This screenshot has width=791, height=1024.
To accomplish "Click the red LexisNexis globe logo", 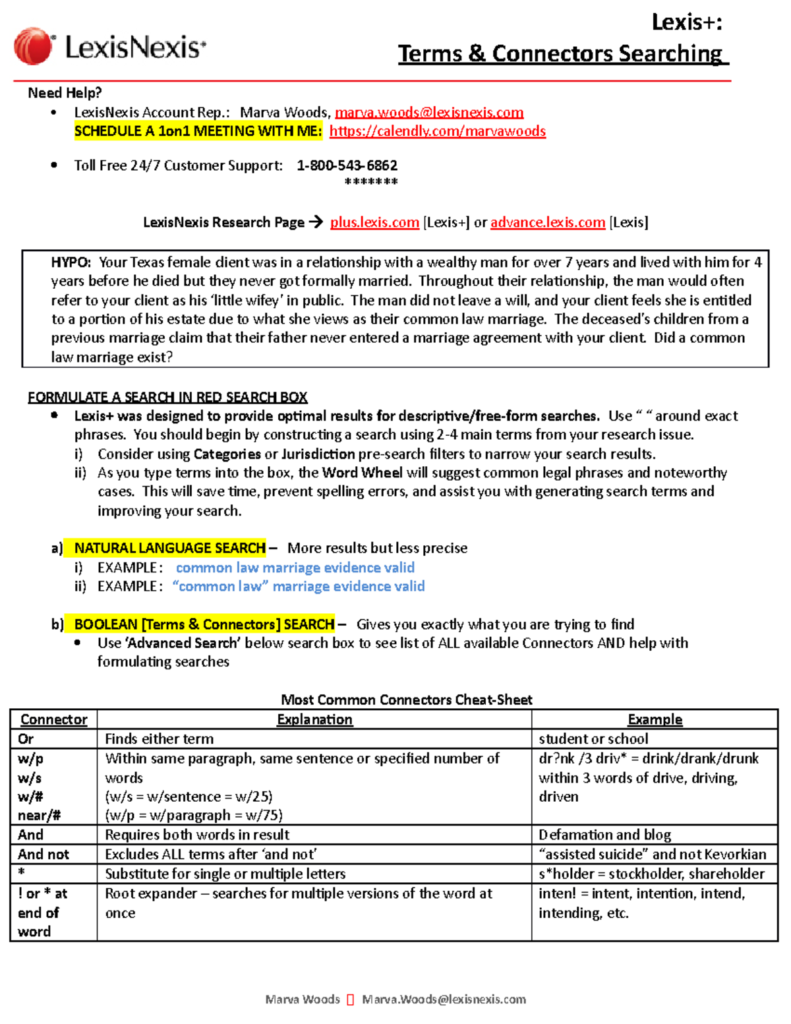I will pos(33,46).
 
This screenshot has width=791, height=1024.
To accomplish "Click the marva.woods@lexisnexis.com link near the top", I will pos(429,113).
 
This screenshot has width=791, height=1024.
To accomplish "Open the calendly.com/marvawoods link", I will pos(437,131).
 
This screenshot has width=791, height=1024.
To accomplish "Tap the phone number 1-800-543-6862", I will pos(347,166).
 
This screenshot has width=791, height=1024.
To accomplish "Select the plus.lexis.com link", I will pos(374,223).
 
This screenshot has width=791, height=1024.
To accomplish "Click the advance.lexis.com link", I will pos(547,223).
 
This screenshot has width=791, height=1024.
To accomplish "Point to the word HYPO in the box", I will pos(71,262).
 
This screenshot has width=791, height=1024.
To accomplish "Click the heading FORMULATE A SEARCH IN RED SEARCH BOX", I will pos(167,398).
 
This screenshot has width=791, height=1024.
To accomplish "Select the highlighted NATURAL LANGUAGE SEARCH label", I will pos(169,549).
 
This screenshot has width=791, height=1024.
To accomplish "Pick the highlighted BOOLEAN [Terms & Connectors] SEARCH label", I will pos(204,624).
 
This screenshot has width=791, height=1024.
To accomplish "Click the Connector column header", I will pos(53,720).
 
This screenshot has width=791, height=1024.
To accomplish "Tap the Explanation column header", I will pos(314,720).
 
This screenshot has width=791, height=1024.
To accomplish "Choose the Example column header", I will pos(655,720).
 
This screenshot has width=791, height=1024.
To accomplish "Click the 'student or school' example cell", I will pos(593,739).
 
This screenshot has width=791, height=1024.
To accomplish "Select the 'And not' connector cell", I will pos(44,855).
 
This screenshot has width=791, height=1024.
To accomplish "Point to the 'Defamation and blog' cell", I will pos(604,835).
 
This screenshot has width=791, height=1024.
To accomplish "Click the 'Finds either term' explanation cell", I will pos(159,739).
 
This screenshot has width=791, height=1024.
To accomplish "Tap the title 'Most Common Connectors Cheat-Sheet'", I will pos(406,700).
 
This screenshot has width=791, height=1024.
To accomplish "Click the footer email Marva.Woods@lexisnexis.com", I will pos(444,1000).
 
